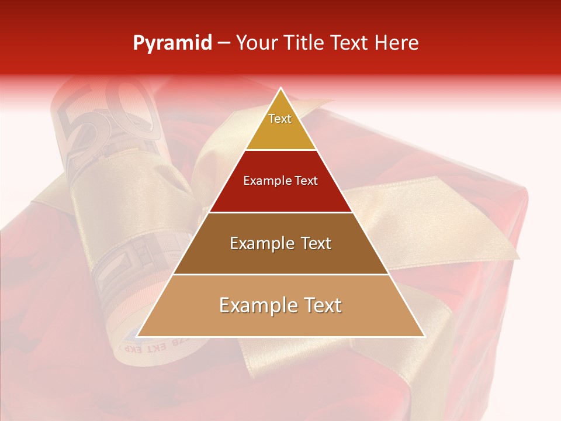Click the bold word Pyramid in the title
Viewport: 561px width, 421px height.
tap(172, 43)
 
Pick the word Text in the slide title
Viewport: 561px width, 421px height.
tap(351, 43)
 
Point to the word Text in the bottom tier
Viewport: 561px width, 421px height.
tap(320, 306)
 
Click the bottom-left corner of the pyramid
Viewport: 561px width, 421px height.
tap(137, 336)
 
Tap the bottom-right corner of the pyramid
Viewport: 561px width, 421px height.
tap(424, 336)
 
